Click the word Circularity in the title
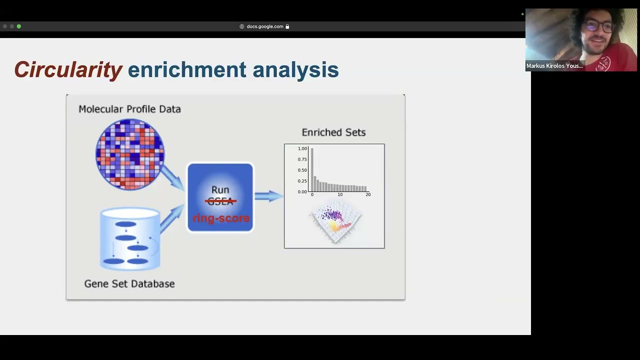point(68,69)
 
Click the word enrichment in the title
point(187,69)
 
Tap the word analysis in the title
point(295,69)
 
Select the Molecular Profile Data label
point(129,109)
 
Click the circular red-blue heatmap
point(130,154)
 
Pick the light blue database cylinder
point(130,239)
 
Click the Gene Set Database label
point(129,283)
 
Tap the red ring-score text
point(220,218)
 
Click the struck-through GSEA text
point(220,201)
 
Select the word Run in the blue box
point(220,190)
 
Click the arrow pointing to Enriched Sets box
point(269,196)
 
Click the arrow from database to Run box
point(172,218)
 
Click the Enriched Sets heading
point(333,132)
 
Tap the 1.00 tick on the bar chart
point(302,148)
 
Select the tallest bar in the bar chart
point(312,170)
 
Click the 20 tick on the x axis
point(368,194)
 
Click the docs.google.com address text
point(265,26)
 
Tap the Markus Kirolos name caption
point(554,66)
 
